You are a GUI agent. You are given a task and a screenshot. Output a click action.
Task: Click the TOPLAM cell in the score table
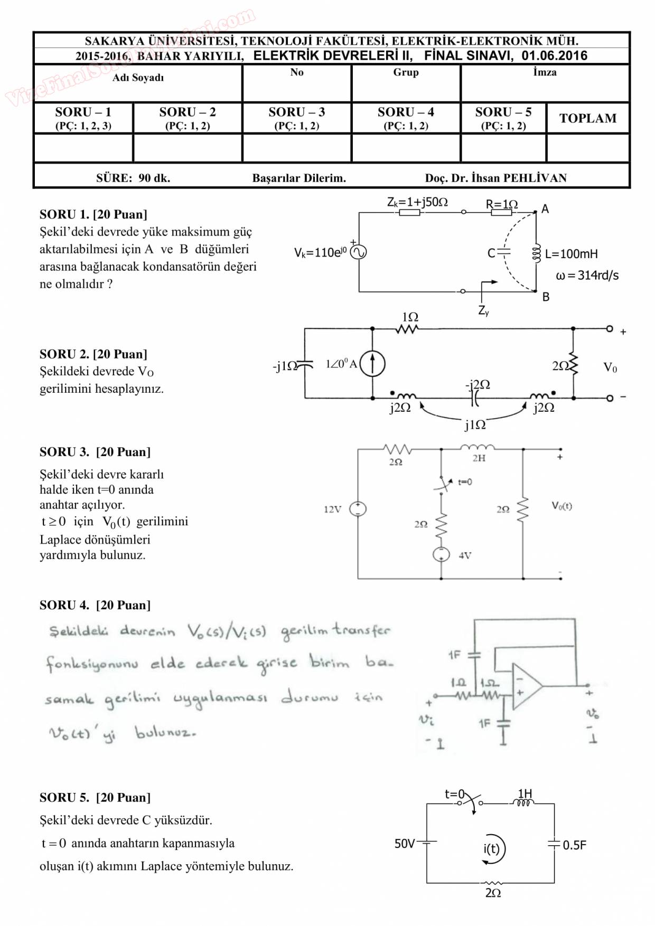[588, 118]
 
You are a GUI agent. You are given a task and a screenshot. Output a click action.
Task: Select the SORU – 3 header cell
[297, 118]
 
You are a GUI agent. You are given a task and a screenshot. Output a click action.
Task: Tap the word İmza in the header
[545, 72]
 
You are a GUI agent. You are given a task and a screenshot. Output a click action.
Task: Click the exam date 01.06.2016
[554, 55]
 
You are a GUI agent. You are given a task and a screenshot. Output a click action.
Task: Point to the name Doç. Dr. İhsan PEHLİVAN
[495, 178]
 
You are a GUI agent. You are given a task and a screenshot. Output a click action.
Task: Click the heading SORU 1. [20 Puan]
[93, 214]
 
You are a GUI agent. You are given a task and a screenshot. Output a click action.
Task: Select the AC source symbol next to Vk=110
[359, 252]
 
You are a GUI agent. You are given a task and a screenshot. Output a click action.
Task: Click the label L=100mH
[571, 254]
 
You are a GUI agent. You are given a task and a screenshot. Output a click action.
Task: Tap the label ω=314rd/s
[587, 275]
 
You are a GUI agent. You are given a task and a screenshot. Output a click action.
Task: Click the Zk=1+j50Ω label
[417, 202]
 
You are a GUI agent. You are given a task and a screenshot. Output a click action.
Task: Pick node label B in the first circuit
[546, 297]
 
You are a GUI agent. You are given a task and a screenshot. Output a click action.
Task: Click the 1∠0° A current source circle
[372, 364]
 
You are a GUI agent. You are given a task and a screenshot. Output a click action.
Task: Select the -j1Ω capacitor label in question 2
[285, 366]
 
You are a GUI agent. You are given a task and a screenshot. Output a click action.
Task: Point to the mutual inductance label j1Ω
[475, 424]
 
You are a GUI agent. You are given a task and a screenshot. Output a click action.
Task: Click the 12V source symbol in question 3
[358, 509]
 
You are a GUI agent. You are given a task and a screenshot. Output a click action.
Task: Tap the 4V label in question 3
[465, 555]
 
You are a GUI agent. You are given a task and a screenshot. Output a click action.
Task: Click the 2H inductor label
[479, 458]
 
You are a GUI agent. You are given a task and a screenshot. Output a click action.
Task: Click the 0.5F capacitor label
[574, 845]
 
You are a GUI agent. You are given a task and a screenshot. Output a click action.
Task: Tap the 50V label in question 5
[405, 844]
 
